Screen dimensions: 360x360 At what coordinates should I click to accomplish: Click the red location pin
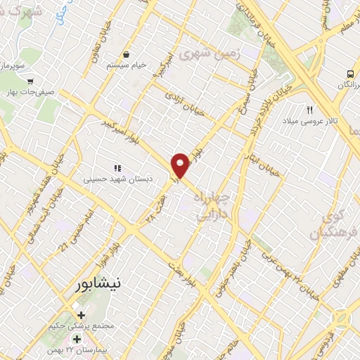click(x=181, y=165)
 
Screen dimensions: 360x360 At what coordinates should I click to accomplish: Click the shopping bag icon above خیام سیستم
click(x=126, y=54)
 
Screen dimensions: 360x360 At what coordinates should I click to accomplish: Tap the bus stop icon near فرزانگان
click(x=350, y=74)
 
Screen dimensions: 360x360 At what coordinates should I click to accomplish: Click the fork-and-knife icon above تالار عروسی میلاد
click(x=309, y=110)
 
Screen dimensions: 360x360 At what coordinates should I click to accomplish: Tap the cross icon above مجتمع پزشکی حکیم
click(x=81, y=316)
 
